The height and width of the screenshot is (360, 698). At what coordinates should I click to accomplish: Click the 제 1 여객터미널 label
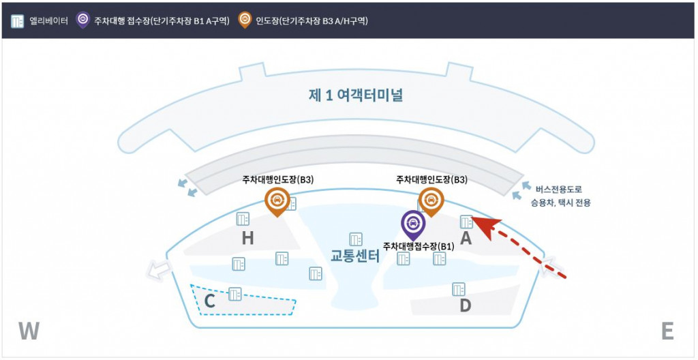354,95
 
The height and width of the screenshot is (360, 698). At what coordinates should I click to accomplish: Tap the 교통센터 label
354,256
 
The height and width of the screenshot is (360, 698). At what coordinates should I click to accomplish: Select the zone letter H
247,239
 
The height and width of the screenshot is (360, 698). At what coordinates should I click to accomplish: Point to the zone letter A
466,239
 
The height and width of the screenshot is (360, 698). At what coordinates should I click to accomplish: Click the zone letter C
210,301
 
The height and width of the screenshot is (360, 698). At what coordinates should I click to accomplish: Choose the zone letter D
465,306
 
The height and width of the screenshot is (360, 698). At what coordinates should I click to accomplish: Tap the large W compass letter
29,331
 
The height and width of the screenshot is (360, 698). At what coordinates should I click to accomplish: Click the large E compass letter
667,331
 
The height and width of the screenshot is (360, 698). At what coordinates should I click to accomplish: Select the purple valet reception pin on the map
413,226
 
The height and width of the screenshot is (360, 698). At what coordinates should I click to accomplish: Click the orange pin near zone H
277,202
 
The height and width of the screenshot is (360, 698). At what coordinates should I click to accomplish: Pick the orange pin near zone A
431,202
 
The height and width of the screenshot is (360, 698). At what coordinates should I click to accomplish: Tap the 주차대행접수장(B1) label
419,246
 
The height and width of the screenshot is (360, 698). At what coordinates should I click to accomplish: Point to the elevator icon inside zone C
234,294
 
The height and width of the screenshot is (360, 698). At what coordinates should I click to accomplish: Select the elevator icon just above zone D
459,289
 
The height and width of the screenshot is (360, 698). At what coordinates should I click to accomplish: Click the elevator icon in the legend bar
17,21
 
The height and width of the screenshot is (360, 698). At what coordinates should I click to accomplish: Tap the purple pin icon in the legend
82,20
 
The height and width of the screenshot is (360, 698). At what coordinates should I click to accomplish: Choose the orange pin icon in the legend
245,20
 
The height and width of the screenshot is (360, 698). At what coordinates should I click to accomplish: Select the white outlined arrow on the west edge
159,269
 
